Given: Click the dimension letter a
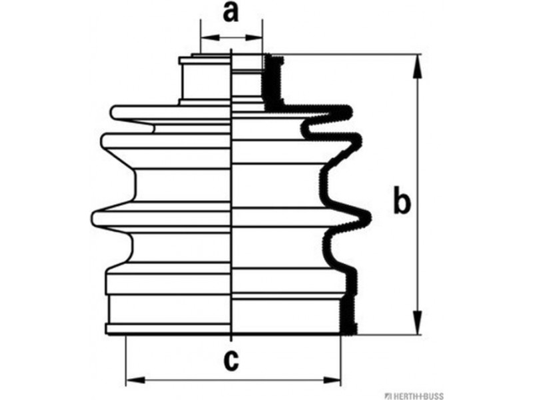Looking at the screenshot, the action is (231, 13).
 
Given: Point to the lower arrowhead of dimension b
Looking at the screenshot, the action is (418, 322).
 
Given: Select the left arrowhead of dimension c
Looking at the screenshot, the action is (136, 379).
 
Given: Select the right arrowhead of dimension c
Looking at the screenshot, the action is (331, 379).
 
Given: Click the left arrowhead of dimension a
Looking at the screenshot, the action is (210, 37).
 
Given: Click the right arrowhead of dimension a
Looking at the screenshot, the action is (254, 37).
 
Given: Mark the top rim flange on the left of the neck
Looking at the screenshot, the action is (205, 61).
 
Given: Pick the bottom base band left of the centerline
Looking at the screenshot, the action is (168, 329).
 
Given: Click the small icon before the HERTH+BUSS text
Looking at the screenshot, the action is (388, 396).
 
